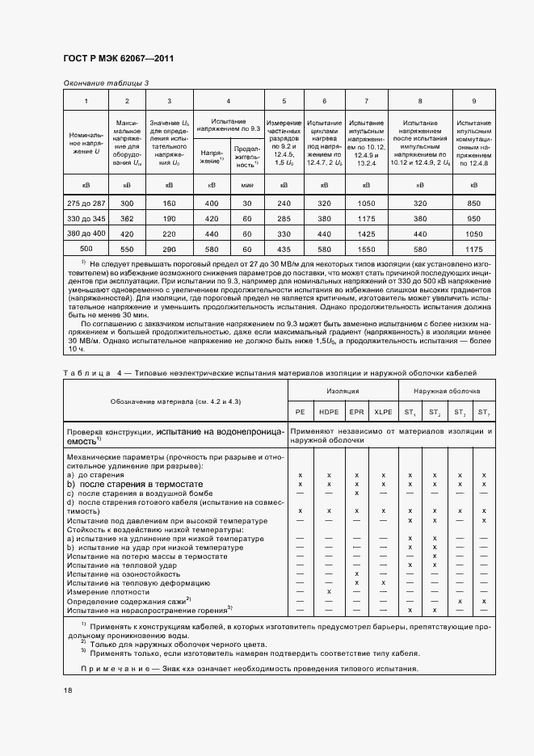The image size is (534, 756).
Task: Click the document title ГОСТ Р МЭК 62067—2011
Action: (118, 59)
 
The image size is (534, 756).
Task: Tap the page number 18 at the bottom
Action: (68, 689)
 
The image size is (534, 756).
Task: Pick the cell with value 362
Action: (127, 219)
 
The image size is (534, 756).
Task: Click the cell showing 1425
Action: (367, 233)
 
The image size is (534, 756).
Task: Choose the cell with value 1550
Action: (367, 248)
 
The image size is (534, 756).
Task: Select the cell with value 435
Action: (284, 248)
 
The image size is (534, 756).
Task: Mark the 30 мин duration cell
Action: (246, 204)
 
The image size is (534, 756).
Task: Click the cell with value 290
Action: (169, 248)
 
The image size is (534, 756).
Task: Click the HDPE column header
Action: (329, 412)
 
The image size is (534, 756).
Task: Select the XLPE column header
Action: (382, 412)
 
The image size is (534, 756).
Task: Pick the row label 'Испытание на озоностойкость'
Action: (117, 573)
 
